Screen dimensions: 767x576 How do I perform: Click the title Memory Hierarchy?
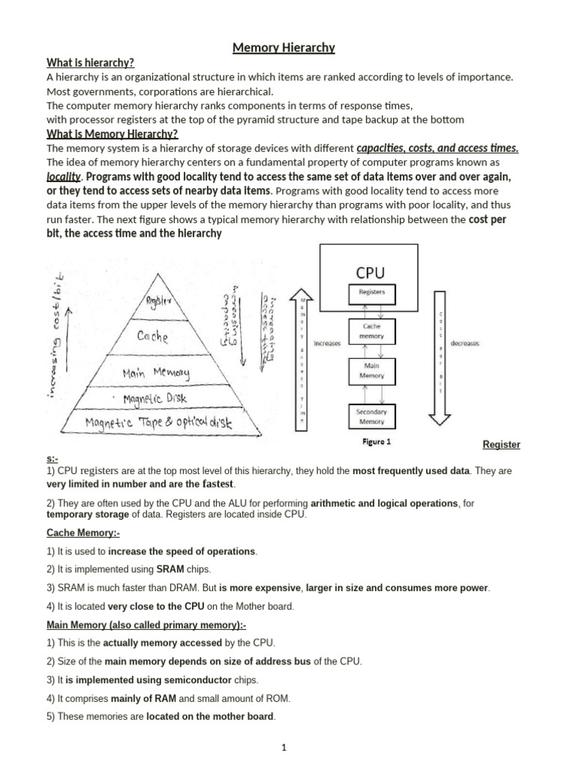point(283,48)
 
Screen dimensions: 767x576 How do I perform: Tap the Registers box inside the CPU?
point(372,293)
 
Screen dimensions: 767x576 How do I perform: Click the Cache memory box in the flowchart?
point(372,331)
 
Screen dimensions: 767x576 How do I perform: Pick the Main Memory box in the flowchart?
point(372,371)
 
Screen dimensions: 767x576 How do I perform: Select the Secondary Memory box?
point(372,416)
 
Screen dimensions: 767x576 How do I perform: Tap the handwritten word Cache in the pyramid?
point(153,337)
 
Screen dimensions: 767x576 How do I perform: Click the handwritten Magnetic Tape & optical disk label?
point(159,423)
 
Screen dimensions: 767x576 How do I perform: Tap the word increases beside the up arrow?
point(327,344)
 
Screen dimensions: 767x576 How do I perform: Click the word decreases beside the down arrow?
point(465,344)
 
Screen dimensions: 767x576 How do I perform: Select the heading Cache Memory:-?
point(83,533)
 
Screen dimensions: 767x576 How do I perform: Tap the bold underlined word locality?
point(63,177)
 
